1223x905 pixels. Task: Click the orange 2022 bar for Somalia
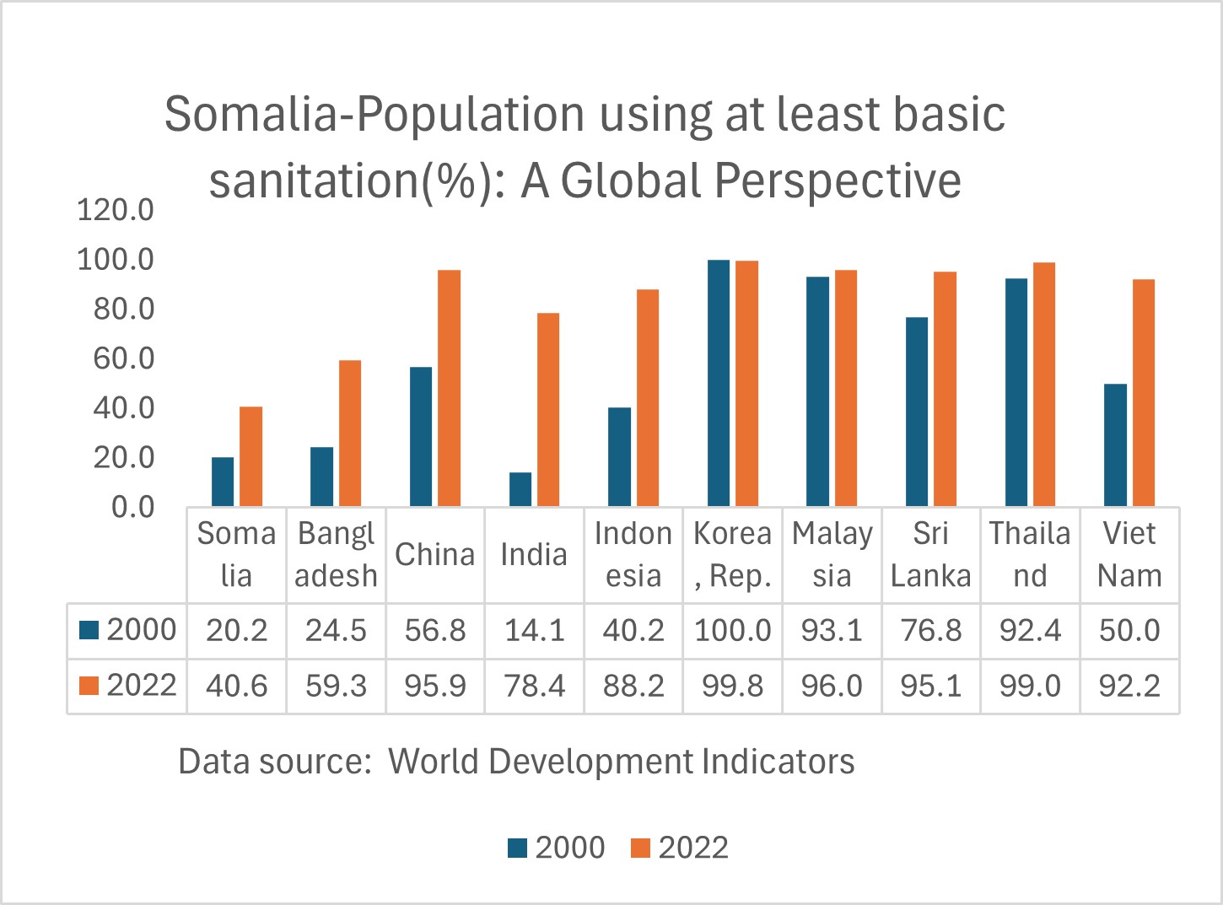[251, 456]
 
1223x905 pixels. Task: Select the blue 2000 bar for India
[520, 489]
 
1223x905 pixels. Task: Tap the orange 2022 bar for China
[449, 388]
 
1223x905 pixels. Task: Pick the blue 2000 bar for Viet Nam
[1115, 444]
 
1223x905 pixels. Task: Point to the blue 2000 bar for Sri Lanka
[917, 412]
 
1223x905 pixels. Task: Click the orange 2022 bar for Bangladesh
[350, 434]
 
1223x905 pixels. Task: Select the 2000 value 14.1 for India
[534, 630]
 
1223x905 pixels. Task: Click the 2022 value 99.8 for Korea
[732, 686]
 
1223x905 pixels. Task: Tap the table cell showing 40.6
[236, 686]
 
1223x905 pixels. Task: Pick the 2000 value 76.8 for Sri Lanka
[930, 630]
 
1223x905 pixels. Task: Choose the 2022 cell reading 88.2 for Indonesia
[633, 686]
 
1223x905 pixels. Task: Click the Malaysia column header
[832, 554]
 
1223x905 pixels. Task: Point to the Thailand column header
[1030, 554]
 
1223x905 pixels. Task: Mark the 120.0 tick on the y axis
[116, 209]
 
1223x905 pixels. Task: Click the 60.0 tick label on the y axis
[124, 358]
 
